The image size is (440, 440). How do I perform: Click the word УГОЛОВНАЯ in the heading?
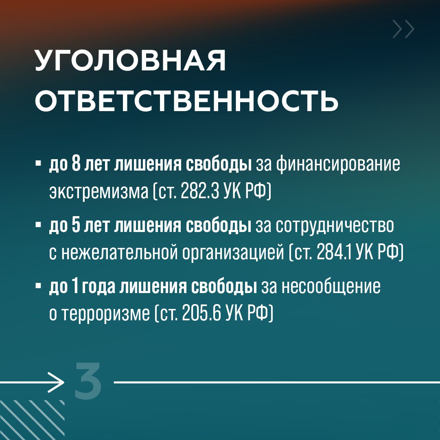click(x=131, y=60)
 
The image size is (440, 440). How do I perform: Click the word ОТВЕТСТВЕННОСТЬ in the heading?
click(x=186, y=101)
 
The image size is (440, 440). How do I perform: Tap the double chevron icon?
click(x=403, y=29)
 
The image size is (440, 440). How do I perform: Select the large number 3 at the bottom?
click(x=88, y=381)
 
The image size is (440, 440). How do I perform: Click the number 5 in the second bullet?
click(x=77, y=225)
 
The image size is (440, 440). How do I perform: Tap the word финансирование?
click(x=338, y=165)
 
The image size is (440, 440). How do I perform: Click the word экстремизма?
click(x=99, y=192)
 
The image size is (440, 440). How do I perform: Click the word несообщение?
click(x=331, y=287)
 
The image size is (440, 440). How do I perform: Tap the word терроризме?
click(x=106, y=314)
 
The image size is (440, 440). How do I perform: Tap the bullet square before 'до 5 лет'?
click(x=38, y=225)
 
